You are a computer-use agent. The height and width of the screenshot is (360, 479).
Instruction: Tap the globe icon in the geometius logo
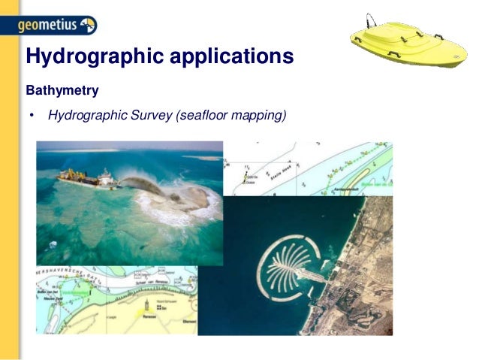click(x=87, y=26)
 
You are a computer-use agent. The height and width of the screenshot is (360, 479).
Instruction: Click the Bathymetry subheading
click(x=62, y=92)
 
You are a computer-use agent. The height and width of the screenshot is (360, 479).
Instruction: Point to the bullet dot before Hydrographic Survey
click(x=32, y=116)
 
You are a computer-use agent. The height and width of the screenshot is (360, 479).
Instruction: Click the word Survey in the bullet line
click(x=154, y=116)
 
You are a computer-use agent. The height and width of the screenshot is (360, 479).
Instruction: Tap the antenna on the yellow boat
click(x=369, y=20)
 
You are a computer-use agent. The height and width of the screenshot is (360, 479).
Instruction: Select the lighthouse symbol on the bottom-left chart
click(x=159, y=306)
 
